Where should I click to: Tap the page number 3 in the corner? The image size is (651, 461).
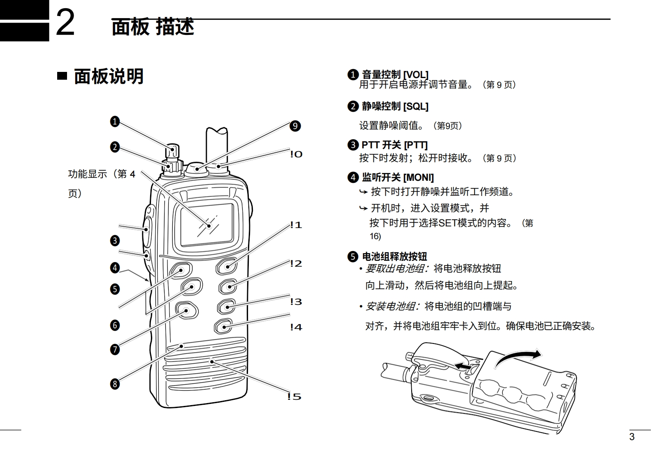632,437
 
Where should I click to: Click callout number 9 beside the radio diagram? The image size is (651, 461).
295,126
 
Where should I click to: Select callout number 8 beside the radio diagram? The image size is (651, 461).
115,384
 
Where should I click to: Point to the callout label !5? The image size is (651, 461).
294,396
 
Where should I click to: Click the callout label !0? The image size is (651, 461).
296,154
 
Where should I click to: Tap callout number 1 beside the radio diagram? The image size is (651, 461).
115,122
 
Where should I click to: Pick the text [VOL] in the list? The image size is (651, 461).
416,74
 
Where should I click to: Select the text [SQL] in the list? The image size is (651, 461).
416,106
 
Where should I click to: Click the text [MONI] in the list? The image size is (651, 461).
418,177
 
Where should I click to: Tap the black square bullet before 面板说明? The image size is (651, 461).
62,76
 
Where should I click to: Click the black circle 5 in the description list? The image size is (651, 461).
353,257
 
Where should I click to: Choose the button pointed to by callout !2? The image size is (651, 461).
227,286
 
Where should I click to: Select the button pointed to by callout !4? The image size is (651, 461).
223,327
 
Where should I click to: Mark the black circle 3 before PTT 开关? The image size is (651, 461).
353,145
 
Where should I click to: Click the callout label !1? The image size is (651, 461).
296,225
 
